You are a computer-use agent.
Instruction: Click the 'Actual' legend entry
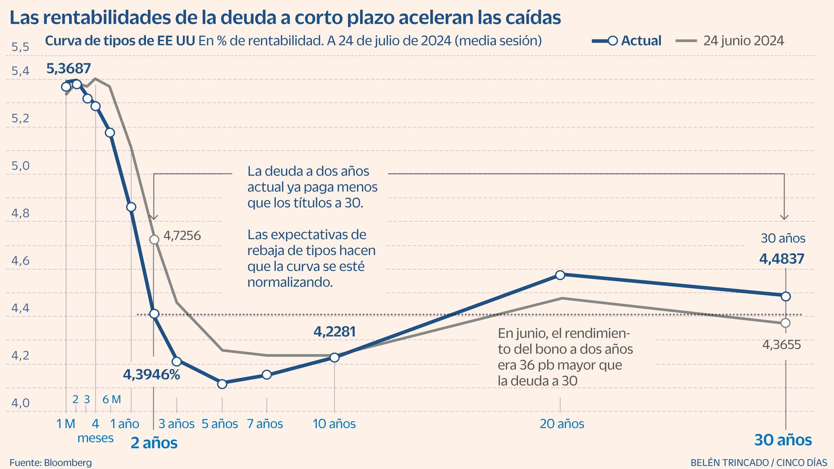pos(627,41)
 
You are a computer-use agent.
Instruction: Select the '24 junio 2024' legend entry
pos(730,41)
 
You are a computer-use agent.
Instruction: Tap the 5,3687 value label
pos(69,69)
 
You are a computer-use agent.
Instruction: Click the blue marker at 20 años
pos(560,275)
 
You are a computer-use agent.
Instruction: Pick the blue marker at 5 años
pos(222,384)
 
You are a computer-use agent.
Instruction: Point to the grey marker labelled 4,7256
pos(154,240)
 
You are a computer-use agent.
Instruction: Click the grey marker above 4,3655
pos(785,323)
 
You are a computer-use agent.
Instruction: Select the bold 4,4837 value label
pos(782,259)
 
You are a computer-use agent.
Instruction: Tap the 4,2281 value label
pos(334,332)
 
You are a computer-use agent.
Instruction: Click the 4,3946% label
pos(151,375)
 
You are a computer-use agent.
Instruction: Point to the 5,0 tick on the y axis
pos(20,166)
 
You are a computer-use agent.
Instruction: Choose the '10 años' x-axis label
pos(334,424)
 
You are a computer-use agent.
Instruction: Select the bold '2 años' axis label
pos(154,443)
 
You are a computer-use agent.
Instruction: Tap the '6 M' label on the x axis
pos(112,399)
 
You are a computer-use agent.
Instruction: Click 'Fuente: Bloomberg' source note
pos(51,462)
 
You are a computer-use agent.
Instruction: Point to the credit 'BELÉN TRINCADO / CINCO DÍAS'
pos(758,462)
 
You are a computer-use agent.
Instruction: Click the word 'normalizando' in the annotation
pos(289,282)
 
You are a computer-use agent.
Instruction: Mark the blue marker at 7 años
pos(267,375)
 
